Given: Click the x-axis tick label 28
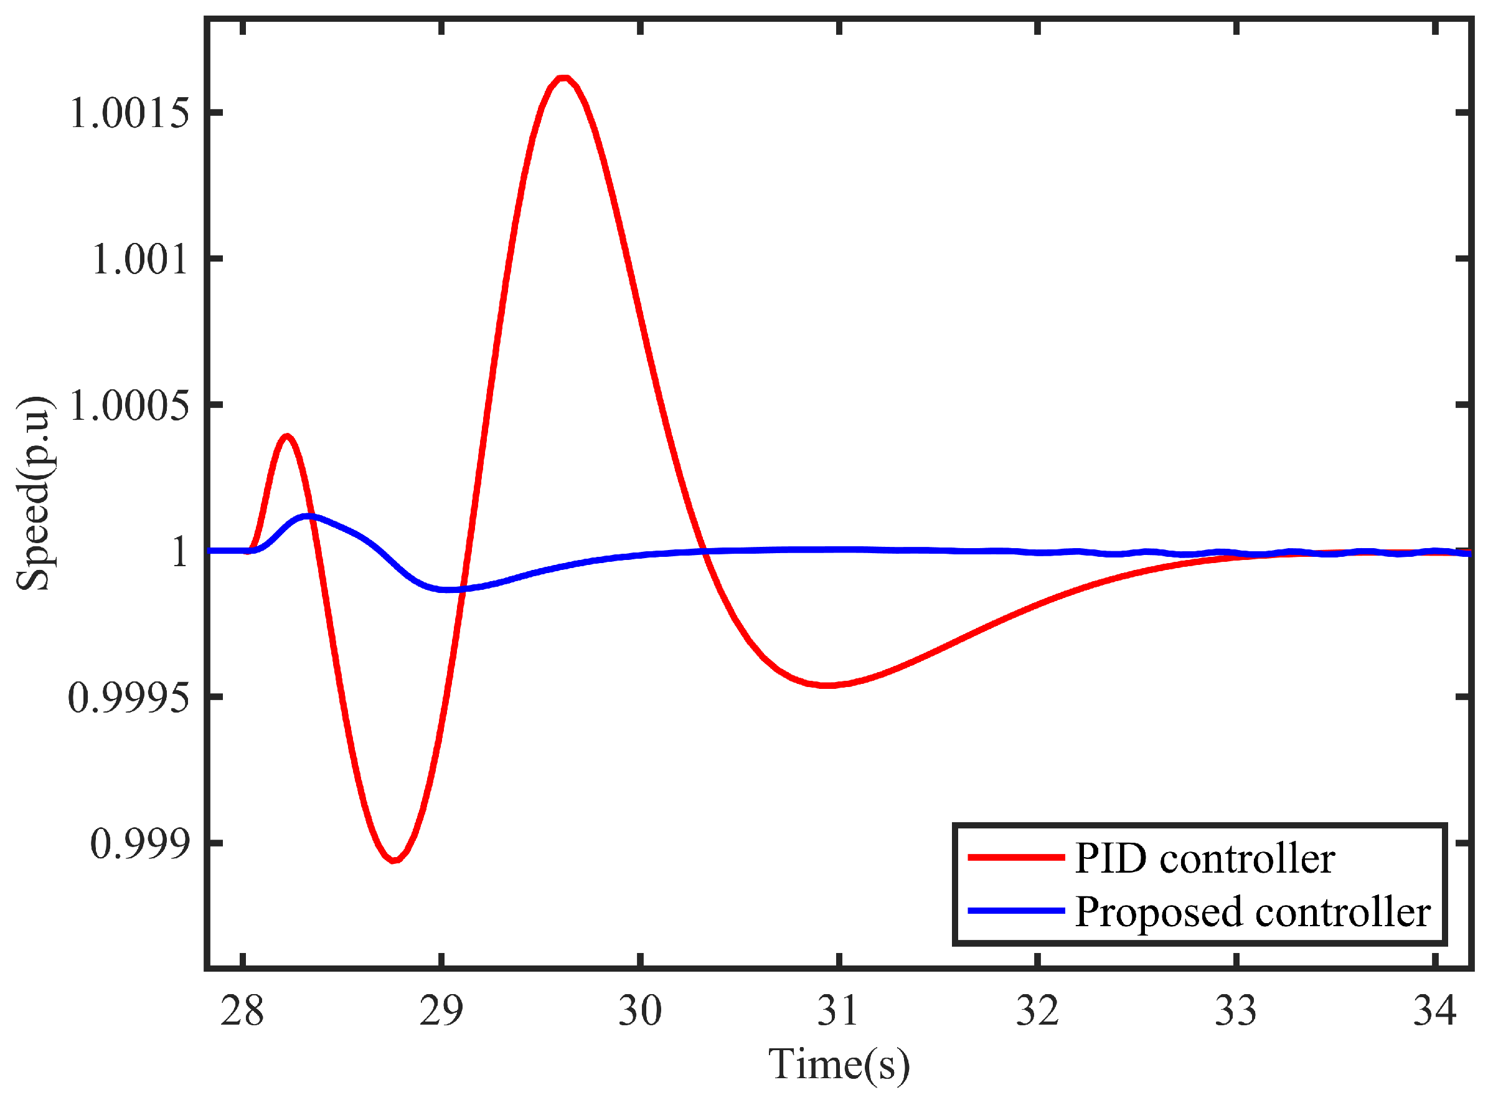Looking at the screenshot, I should (x=242, y=1011).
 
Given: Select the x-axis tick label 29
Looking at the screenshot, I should (x=441, y=1011).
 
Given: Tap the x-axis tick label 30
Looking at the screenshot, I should (x=640, y=1011).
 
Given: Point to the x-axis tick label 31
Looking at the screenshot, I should (x=839, y=1011).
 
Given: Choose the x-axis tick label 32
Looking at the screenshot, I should (x=1037, y=1011).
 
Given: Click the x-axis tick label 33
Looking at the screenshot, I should (x=1236, y=1011).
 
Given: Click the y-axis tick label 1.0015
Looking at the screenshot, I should (x=129, y=113).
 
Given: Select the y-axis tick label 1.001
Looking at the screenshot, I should (x=139, y=259).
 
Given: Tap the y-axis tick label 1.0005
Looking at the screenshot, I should (x=129, y=405).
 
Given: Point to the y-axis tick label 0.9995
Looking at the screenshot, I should (x=129, y=698).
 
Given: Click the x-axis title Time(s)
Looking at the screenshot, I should (x=839, y=1063).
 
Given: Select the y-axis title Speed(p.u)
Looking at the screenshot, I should (x=33, y=493).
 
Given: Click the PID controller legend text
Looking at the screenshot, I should (x=1205, y=858).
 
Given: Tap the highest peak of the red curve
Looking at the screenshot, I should (x=563, y=78).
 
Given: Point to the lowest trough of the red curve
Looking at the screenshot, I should (x=394, y=860).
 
